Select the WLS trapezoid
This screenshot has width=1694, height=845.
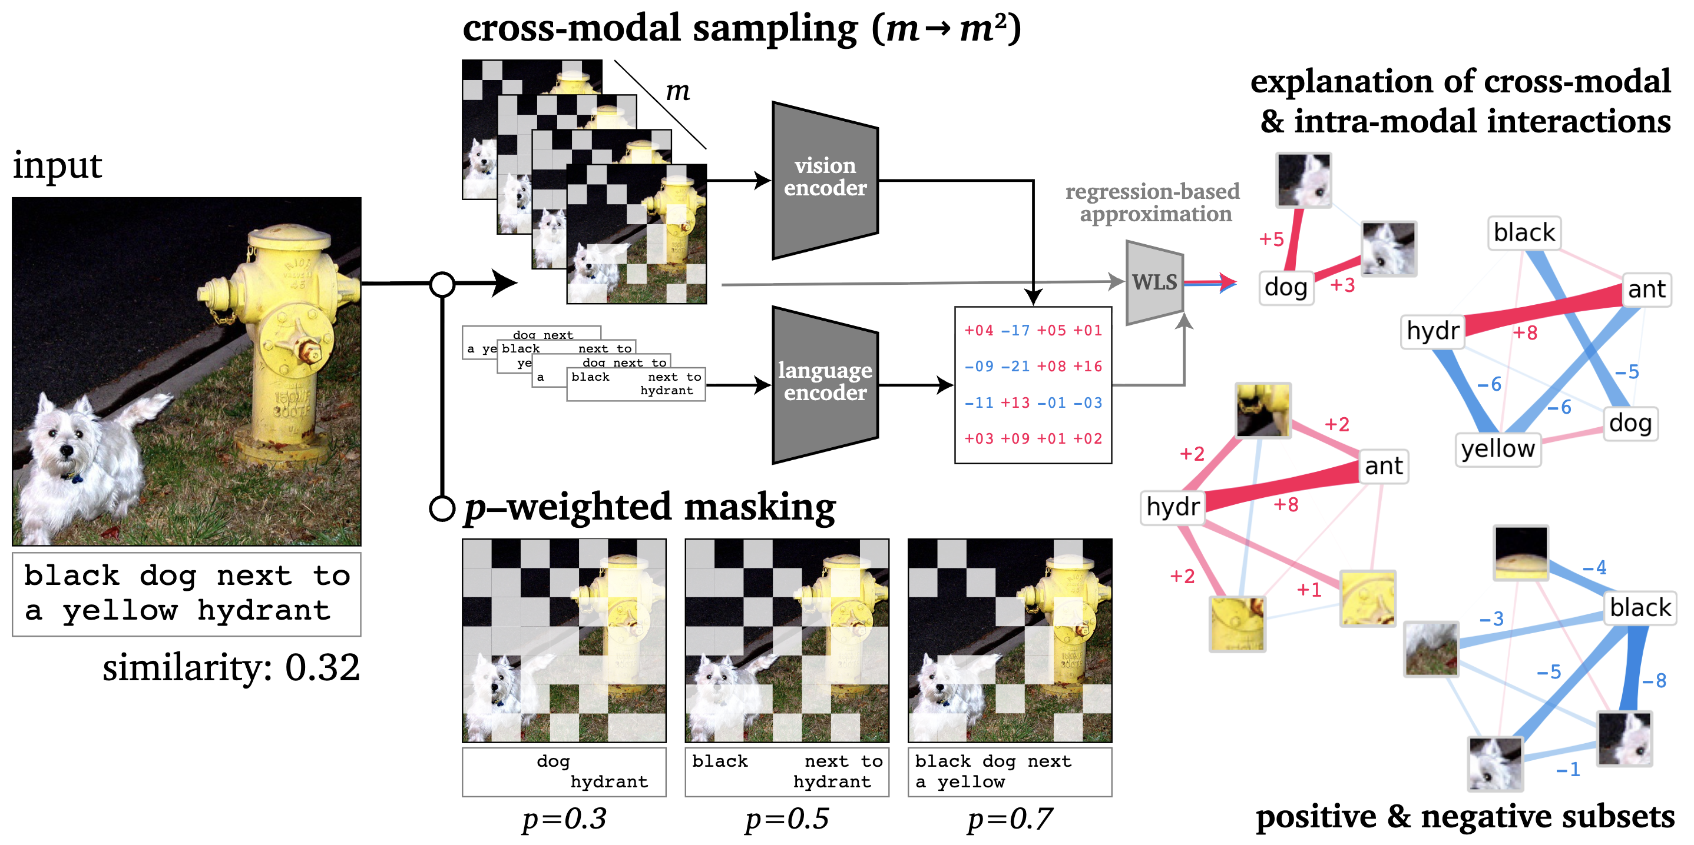pyautogui.click(x=1154, y=282)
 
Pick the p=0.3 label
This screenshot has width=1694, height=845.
pyautogui.click(x=564, y=819)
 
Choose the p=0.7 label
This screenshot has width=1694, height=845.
pyautogui.click(x=1010, y=819)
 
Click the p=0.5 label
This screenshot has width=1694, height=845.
pyautogui.click(x=787, y=819)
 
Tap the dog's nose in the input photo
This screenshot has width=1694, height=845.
pyautogui.click(x=67, y=451)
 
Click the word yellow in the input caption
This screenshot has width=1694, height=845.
pyautogui.click(x=120, y=611)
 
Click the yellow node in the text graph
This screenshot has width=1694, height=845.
pyautogui.click(x=1497, y=450)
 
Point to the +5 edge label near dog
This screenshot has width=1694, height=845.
pyautogui.click(x=1270, y=239)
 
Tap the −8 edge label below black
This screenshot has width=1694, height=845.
pyautogui.click(x=1654, y=681)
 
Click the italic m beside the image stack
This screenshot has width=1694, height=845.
pyautogui.click(x=677, y=91)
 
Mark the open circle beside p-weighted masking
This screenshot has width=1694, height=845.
pyautogui.click(x=442, y=508)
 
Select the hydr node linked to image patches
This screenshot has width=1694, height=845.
pyautogui.click(x=1173, y=507)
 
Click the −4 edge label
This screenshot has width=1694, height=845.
pyautogui.click(x=1594, y=568)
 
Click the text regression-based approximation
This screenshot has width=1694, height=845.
pyautogui.click(x=1153, y=202)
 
